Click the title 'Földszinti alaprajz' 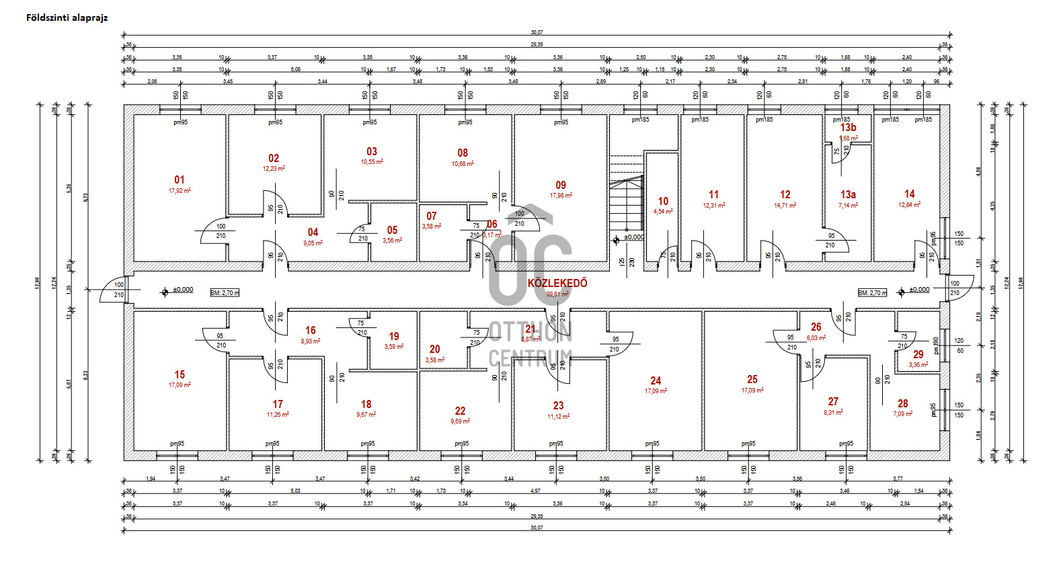click(67, 18)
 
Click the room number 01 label click(179, 180)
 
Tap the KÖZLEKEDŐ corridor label click(557, 283)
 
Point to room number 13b click(848, 127)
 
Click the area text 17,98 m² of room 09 click(561, 196)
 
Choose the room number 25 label click(752, 380)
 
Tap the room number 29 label click(918, 354)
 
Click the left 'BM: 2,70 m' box click(225, 293)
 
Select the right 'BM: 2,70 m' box click(872, 293)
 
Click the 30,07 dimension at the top click(537, 32)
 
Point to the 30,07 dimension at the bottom click(537, 528)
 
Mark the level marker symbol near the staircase click(616, 240)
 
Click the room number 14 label click(909, 194)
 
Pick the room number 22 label click(460, 411)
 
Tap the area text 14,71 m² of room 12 click(785, 206)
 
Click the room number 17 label click(278, 404)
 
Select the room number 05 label click(392, 231)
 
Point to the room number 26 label click(816, 327)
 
